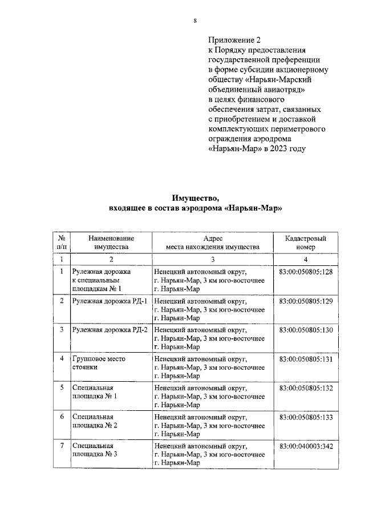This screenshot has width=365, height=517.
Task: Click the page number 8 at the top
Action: [195, 21]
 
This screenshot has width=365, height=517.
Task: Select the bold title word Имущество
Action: [196, 199]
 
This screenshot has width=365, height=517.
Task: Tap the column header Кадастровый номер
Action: [305, 242]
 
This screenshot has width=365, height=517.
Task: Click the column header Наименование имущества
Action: [111, 242]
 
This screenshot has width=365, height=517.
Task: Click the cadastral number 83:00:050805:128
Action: [306, 272]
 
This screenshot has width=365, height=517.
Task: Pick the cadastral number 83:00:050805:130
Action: [306, 330]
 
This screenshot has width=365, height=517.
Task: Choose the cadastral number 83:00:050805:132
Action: [306, 388]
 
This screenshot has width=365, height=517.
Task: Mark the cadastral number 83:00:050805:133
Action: [306, 417]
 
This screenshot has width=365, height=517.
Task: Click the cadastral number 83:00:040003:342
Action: [306, 446]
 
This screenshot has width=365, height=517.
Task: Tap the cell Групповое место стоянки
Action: [99, 363]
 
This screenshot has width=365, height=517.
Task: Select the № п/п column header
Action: [61, 242]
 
